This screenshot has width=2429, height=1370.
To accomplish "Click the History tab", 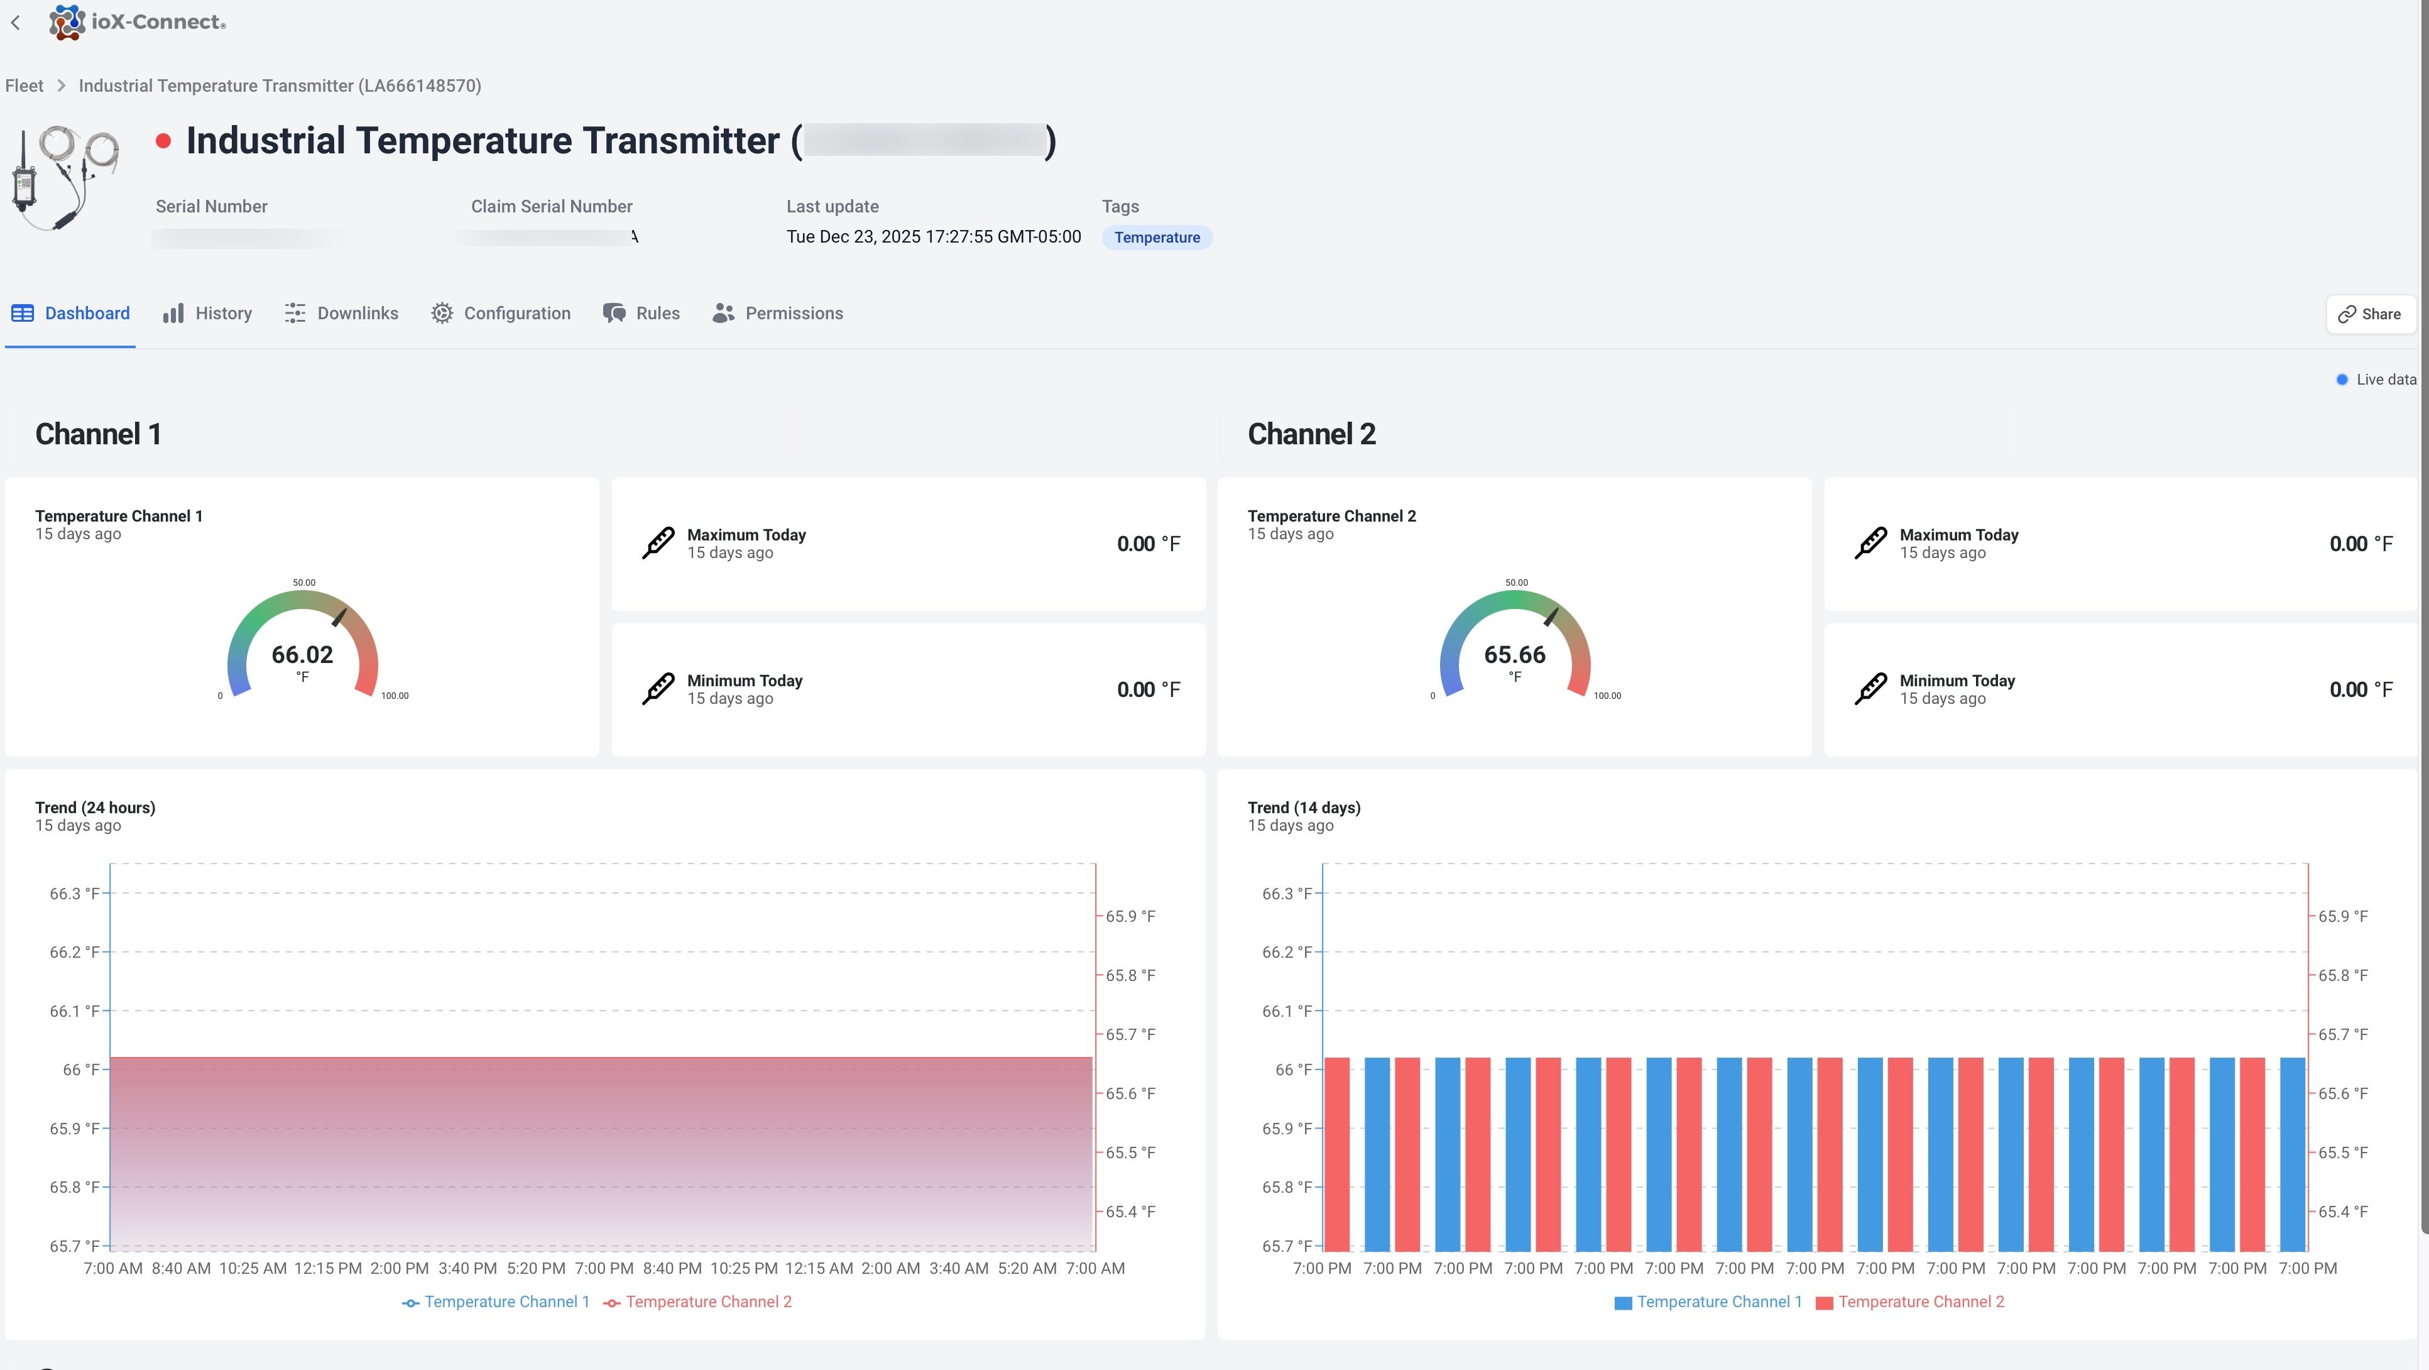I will click(x=207, y=313).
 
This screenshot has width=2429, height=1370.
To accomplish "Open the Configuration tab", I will click(x=501, y=313).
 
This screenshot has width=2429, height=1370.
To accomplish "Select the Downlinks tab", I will click(x=341, y=313).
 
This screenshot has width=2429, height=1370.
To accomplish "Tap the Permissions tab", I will click(x=778, y=313).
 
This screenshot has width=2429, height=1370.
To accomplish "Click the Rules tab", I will click(x=641, y=313).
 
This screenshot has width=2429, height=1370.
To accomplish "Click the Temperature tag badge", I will click(x=1156, y=238).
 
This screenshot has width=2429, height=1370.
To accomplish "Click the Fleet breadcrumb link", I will click(x=25, y=86).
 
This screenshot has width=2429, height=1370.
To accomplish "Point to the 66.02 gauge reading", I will click(x=302, y=654).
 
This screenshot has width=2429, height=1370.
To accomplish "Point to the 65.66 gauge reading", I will click(x=1514, y=654).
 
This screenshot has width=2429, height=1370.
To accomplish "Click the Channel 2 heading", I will click(x=1311, y=434).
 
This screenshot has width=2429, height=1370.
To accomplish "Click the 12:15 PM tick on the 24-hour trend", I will click(x=327, y=1268).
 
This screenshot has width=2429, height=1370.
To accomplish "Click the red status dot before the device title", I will click(x=163, y=141).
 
